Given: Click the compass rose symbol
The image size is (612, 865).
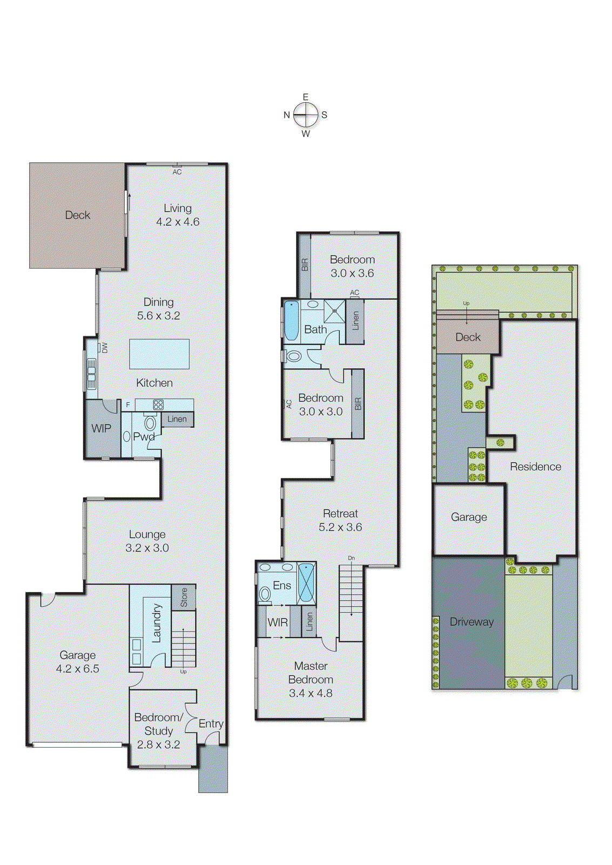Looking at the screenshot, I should pos(306,115).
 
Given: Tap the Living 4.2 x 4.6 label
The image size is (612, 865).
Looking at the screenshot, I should pos(178,215).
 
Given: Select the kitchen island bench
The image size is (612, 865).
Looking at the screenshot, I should pos(159,354).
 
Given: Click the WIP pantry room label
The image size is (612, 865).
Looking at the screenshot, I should pos(101,429).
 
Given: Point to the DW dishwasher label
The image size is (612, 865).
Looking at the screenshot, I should pos(105,348).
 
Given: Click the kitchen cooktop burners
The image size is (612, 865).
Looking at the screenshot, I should pos(158,404).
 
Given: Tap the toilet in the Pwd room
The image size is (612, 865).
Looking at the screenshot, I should pos(150,423).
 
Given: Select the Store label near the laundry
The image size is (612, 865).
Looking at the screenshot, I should pos(184,597).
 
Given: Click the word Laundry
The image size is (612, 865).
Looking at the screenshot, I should pos(157,623).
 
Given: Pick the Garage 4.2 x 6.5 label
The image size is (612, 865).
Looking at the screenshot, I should pos(78,662).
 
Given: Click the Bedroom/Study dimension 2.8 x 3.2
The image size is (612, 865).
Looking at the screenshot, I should pos(158,744).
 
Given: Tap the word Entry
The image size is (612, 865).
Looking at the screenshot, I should pos(211,724).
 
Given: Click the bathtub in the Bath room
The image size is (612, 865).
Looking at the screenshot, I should pos(291,321).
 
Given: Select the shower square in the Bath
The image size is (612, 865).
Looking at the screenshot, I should pos(334,312).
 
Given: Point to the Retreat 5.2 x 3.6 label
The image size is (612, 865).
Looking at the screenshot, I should pos(340,520).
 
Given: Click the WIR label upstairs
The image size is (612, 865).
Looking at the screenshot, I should pos(278,623).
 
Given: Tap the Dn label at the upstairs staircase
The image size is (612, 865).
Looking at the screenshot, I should pos(351,558).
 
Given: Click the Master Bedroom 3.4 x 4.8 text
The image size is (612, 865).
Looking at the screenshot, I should pos(311,680).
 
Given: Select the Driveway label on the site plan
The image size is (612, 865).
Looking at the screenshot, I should pos(472,622).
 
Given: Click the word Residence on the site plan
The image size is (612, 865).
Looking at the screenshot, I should pos(535,467).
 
